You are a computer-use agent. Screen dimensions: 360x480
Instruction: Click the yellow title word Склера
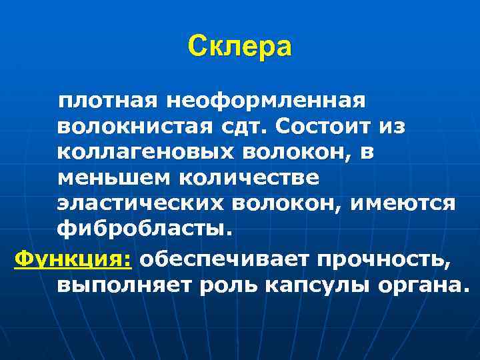pyautogui.click(x=239, y=47)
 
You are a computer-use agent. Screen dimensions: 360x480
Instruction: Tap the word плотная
pyautogui.click(x=107, y=102)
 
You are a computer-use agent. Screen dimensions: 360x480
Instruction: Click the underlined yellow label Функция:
pyautogui.click(x=73, y=258)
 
